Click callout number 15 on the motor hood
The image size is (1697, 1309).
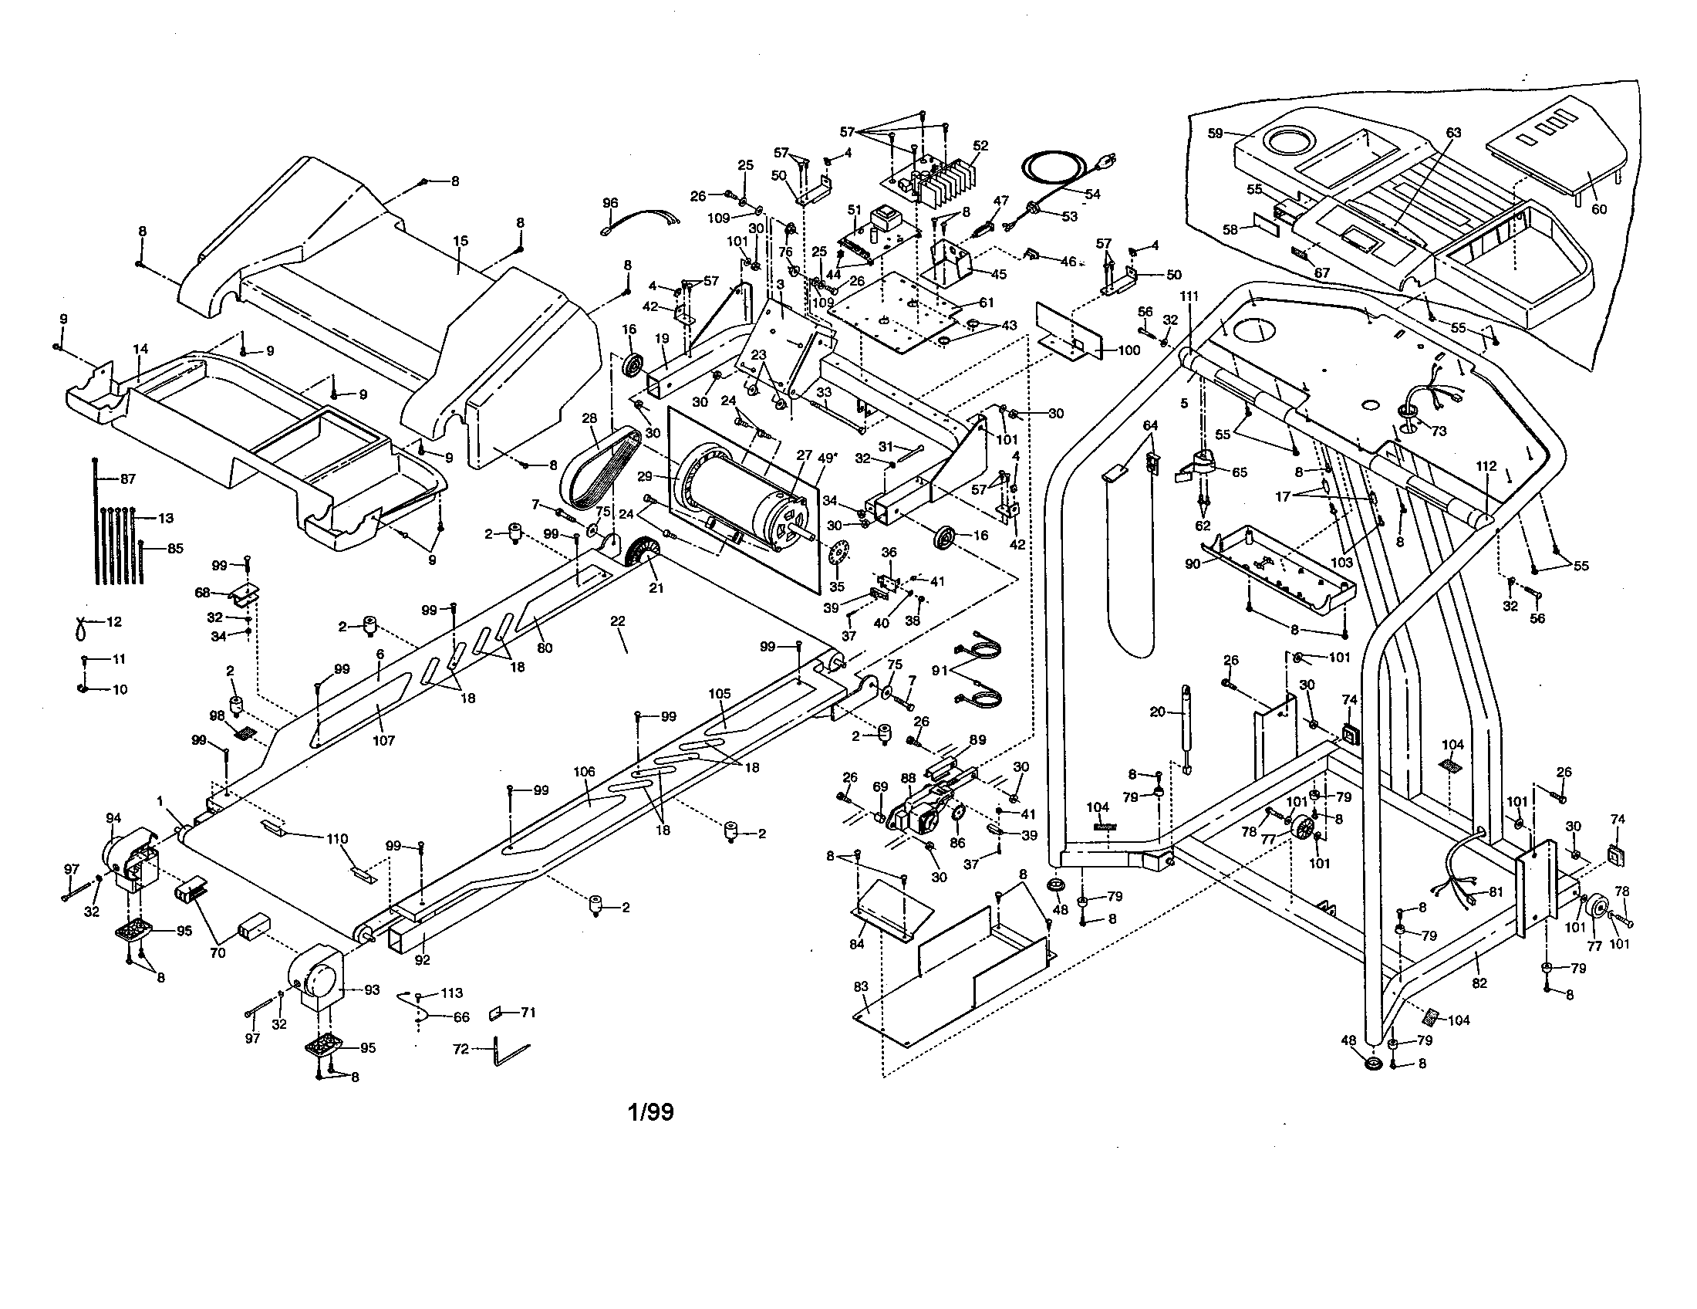click(x=461, y=242)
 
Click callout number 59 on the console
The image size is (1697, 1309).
click(x=1216, y=134)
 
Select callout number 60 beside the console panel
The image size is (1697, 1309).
click(x=1598, y=209)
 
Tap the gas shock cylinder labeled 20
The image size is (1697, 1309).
click(x=1186, y=728)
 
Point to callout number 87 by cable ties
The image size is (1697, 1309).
click(x=127, y=479)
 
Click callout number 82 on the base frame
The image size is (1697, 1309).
click(x=1479, y=983)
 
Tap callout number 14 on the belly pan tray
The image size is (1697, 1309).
click(x=140, y=350)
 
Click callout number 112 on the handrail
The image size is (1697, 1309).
click(x=1486, y=466)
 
